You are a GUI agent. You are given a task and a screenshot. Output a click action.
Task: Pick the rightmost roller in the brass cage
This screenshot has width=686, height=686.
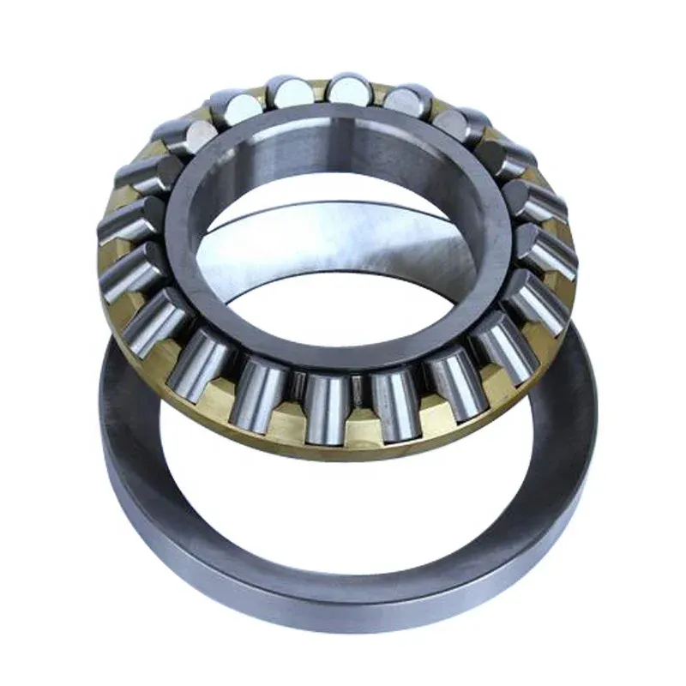point(548,249)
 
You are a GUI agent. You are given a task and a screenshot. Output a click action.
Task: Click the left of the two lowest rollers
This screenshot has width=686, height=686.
point(325,403)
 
